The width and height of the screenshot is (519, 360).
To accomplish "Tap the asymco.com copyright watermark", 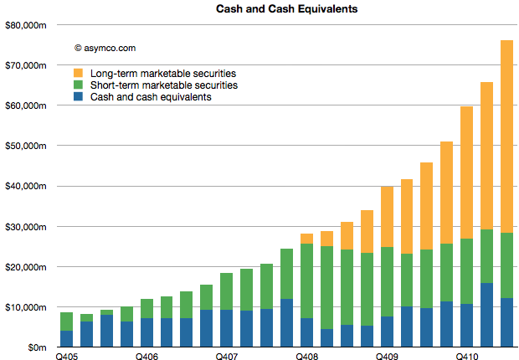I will coord(105,49).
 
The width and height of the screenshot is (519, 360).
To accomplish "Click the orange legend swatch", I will coord(79,73).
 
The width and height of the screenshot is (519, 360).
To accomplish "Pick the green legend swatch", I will coord(79,85).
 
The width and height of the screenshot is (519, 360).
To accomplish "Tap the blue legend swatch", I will coord(79,96).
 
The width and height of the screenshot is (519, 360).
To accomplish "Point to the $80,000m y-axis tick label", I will coord(26,25).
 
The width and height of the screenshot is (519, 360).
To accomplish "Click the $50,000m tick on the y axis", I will coord(26,146).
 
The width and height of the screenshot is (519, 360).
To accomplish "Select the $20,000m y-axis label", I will coord(26,267).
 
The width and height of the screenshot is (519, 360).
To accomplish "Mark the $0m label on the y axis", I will coord(37,347).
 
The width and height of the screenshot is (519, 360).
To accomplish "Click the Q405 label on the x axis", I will coord(67,357).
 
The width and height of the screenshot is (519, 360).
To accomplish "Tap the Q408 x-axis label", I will coord(306,357).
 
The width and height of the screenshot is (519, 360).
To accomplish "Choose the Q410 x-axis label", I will coord(466,357).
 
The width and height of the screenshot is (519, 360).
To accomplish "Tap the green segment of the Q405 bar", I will coord(67,321).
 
